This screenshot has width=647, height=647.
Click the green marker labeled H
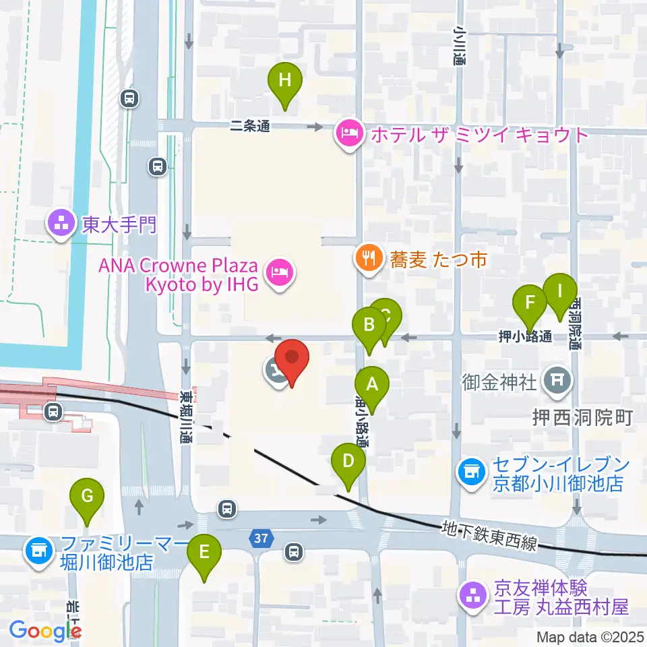coord(285,81)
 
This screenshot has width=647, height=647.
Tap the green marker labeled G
coord(87,497)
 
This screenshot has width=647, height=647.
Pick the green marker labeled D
coord(348,462)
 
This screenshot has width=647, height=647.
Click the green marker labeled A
coord(371,385)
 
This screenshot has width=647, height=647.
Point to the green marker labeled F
coord(530,301)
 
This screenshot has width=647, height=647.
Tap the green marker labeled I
coord(559,291)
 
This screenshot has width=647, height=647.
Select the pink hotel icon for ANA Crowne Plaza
coord(278,273)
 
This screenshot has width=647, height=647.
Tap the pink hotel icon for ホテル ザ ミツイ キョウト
coord(348,133)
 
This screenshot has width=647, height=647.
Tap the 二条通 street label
coord(249,125)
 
